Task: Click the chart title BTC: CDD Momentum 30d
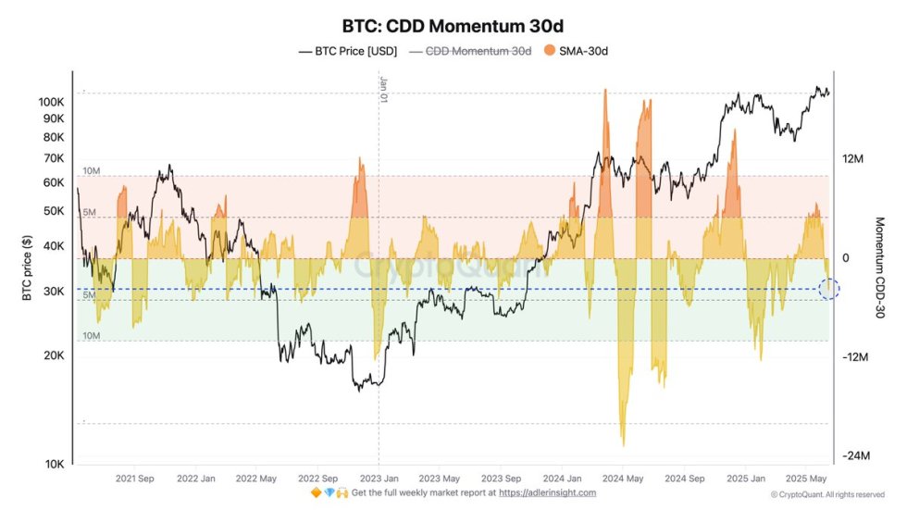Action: (x=453, y=25)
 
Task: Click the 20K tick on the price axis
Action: (x=54, y=355)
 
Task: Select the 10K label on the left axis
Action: (x=54, y=464)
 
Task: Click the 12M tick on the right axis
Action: (x=851, y=159)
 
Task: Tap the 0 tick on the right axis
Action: (x=845, y=258)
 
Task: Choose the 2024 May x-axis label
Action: (x=623, y=479)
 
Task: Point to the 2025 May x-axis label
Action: (x=806, y=479)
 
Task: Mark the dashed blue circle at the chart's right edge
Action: (x=829, y=289)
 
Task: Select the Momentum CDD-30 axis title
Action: (x=880, y=268)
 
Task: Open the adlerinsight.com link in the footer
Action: (x=547, y=492)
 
